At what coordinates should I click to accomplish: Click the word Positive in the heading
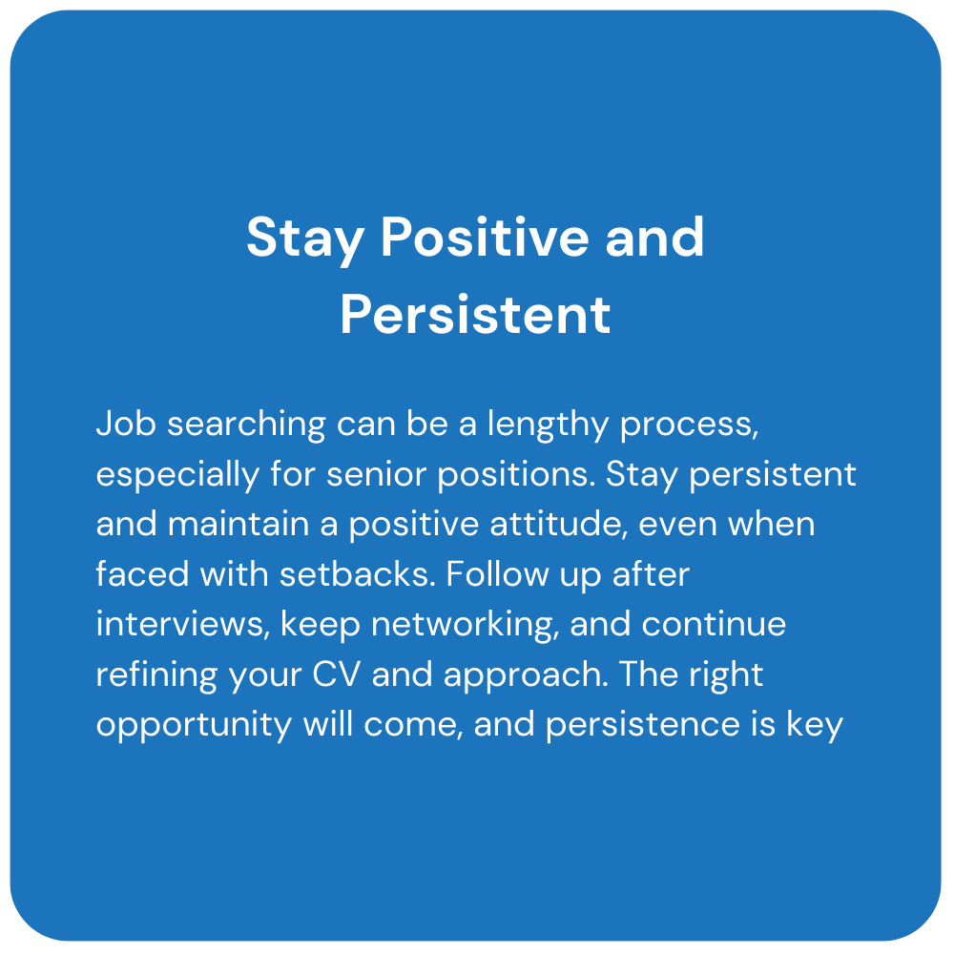point(485,237)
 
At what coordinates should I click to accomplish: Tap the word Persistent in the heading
point(475,315)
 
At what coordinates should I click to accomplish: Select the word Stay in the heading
point(305,240)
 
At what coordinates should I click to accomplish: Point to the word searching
point(246,425)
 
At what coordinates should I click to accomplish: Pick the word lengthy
point(548,425)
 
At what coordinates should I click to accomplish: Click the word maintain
point(238,524)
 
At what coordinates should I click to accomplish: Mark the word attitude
point(558,524)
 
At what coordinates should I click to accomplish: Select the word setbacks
point(358,573)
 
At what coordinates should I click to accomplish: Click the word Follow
point(497,573)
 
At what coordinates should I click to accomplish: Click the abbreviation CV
point(337,674)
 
